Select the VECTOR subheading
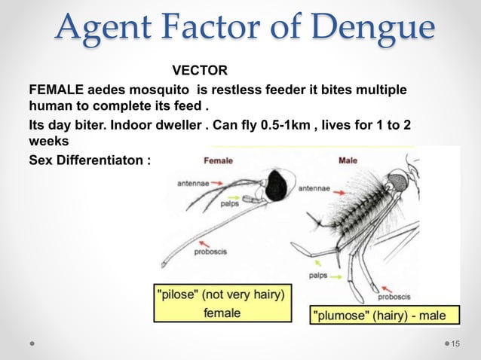200,72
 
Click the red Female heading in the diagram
219,160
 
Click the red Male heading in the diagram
348,160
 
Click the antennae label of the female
194,183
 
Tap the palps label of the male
317,276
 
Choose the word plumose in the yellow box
344,315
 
